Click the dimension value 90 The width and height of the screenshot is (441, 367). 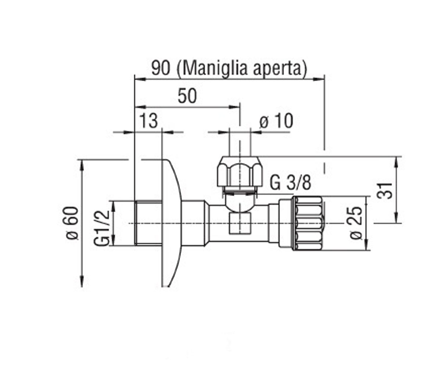click(161, 68)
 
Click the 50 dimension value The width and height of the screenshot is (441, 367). click(187, 96)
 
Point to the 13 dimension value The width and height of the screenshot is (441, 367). click(149, 121)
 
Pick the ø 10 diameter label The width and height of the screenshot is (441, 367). click(276, 121)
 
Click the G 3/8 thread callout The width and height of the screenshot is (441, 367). click(290, 183)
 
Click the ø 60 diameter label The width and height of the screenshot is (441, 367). click(72, 224)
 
